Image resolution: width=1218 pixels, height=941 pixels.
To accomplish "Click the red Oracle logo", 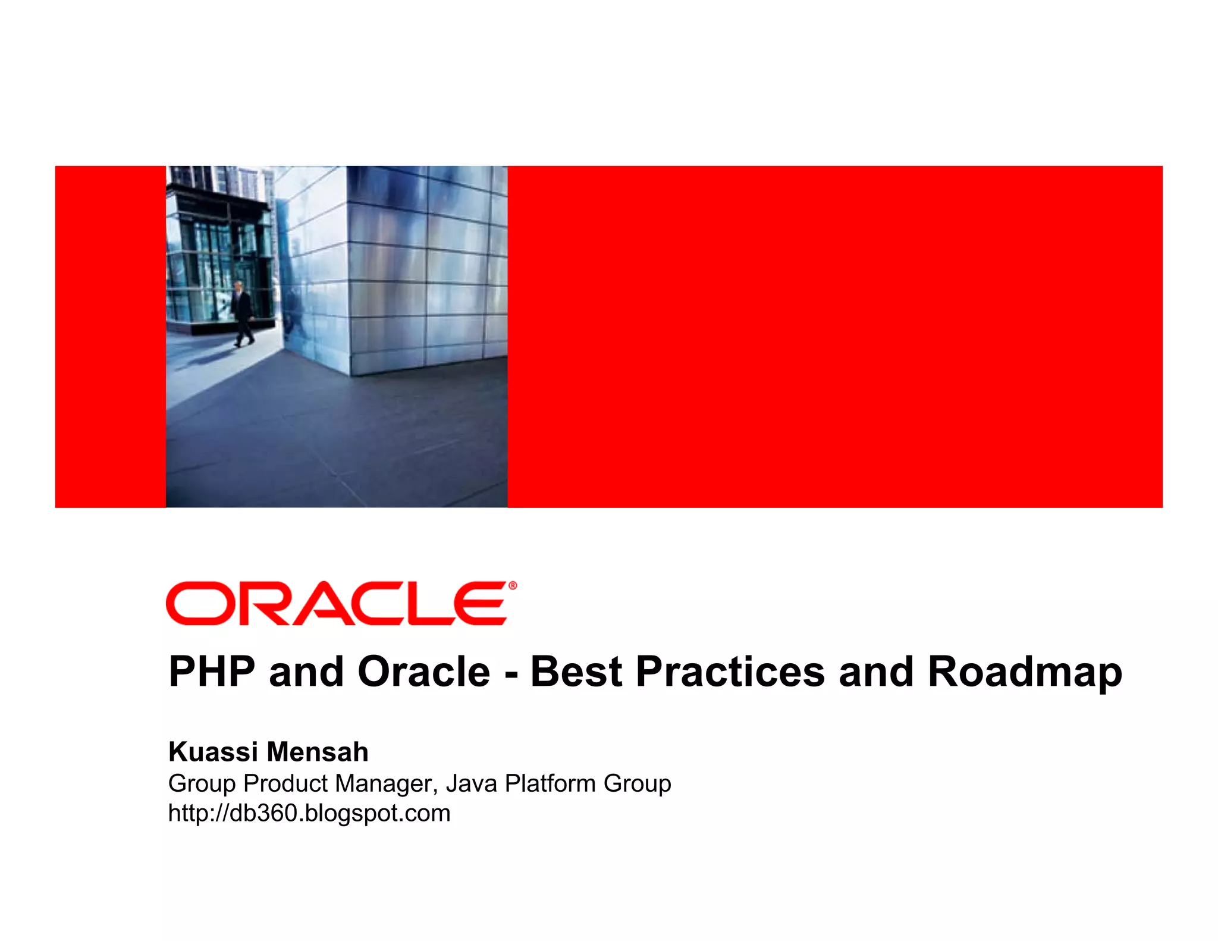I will coord(337,603).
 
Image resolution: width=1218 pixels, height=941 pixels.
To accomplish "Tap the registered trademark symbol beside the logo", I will coord(513,586).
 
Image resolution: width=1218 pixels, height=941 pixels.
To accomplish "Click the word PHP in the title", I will coord(212,672).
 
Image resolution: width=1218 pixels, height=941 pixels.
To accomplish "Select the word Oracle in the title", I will coord(423,672).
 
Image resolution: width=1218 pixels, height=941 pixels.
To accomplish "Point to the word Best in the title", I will coord(576,672).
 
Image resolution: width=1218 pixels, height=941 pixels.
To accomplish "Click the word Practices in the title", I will coord(730,672).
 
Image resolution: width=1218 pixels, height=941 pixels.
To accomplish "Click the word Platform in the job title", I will coord(550,784).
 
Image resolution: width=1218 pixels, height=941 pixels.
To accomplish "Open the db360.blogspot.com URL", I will coord(309,813).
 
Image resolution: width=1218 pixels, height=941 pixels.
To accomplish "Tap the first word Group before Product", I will coord(202,784).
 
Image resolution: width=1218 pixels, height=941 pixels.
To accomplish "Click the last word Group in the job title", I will coord(637,784).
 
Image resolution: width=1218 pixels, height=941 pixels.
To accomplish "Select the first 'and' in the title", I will coord(306,672).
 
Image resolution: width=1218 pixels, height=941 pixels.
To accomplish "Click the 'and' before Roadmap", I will coord(875,672).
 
